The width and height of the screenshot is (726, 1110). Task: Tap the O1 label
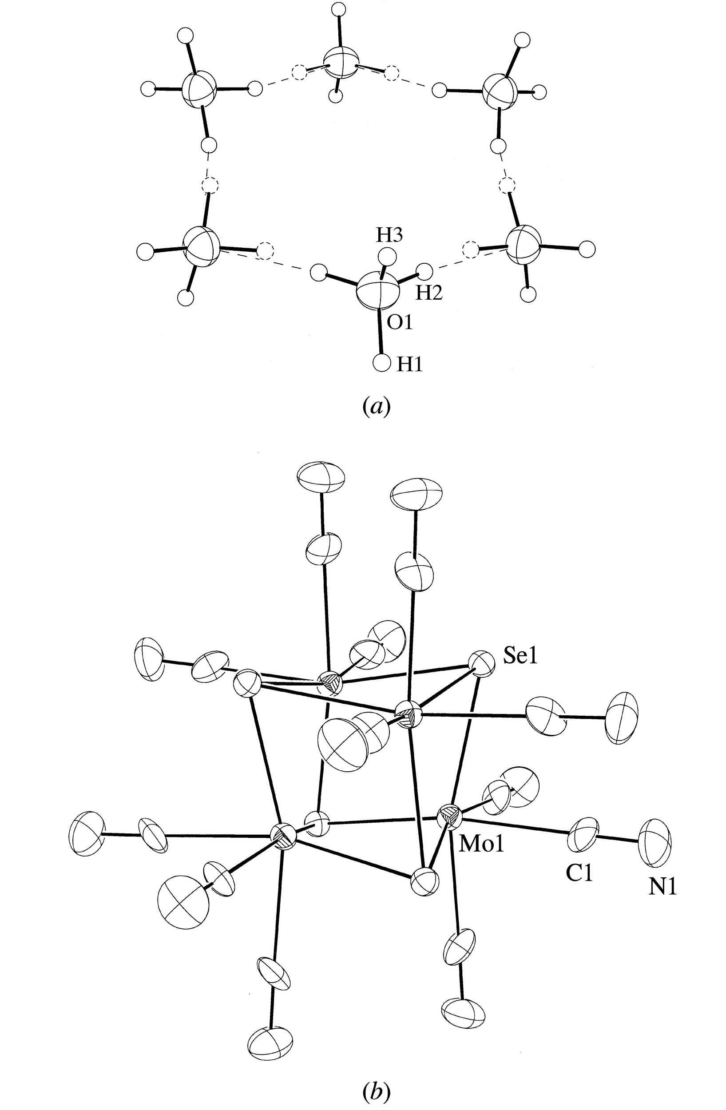coord(400,322)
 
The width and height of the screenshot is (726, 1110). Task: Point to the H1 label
coord(409,365)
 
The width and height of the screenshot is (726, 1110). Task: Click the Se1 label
coord(520,657)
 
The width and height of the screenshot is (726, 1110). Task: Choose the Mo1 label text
coord(482,844)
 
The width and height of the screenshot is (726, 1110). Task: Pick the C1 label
coord(579,875)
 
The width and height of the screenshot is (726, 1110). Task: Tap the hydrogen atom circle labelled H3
coord(387,256)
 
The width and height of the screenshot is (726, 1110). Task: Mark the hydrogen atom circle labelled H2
coord(424,270)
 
